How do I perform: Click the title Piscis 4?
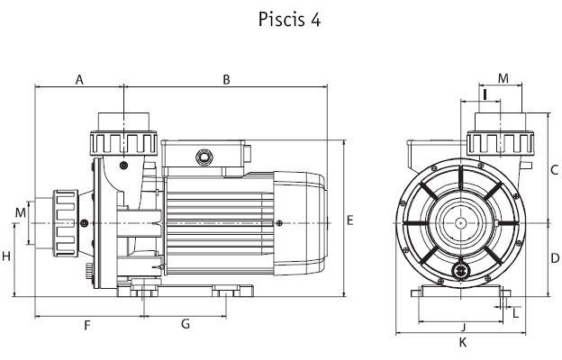coord(289,20)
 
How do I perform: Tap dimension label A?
coord(79,80)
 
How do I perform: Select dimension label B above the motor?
coord(226,80)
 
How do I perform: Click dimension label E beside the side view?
coord(350,220)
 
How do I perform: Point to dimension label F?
coord(87,326)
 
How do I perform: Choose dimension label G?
coord(186,324)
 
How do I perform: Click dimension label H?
coord(6,256)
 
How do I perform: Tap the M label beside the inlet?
coord(21,212)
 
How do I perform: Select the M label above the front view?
coord(503,78)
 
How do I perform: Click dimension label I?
coord(485,94)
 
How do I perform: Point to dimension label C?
coord(554,169)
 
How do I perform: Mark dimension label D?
coord(555,258)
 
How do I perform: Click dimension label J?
coord(463,327)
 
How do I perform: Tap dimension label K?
coord(463,342)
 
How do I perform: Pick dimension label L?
coord(515,314)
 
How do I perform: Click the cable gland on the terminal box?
coord(204,157)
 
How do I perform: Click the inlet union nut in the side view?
coord(66,223)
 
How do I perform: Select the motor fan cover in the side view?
coord(300,223)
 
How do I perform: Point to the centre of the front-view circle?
coord(460,223)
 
